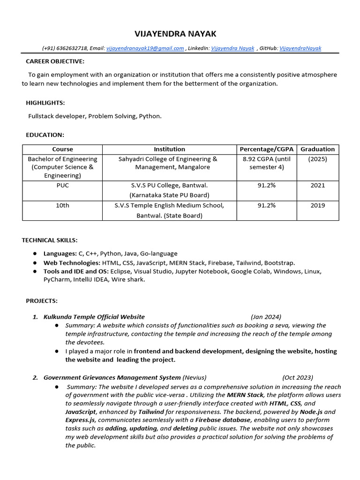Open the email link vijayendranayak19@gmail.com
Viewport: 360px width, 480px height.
coord(145,48)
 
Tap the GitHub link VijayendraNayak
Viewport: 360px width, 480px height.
coord(300,48)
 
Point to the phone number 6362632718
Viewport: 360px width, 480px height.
coord(72,48)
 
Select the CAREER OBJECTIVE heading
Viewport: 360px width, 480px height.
coord(55,61)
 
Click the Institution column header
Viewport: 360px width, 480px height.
coord(169,149)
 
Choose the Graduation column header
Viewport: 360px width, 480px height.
coord(317,149)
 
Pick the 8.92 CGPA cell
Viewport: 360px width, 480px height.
coord(267,163)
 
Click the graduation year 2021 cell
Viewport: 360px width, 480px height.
coord(317,186)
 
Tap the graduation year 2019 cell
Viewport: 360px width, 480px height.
coord(317,205)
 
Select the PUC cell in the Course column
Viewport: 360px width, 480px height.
coord(62,186)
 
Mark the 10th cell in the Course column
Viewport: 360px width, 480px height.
coord(62,205)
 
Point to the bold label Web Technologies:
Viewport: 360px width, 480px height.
coord(72,263)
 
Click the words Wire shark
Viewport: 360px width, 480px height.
coord(129,279)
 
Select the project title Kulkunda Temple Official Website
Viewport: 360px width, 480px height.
coord(94,317)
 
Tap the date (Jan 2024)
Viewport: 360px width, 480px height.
coord(266,317)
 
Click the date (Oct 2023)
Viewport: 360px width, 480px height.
coord(298,377)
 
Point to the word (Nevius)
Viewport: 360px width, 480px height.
coord(194,377)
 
